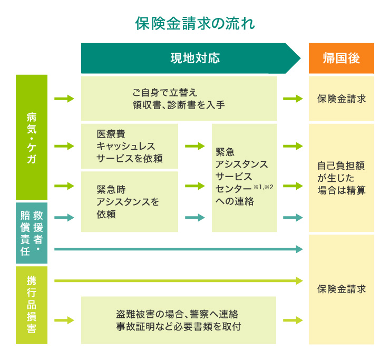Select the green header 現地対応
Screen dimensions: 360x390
[x=194, y=58]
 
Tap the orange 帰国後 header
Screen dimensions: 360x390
[x=341, y=58]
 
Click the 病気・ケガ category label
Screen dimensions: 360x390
[x=32, y=137]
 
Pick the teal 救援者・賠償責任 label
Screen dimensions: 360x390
[x=32, y=232]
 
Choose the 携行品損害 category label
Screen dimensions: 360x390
[x=32, y=305]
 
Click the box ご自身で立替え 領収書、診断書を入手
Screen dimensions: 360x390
[x=179, y=99]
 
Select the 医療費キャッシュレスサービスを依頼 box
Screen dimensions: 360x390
[x=130, y=146]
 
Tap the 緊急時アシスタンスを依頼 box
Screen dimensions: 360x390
[x=130, y=201]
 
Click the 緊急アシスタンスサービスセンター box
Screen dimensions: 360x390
[x=244, y=178]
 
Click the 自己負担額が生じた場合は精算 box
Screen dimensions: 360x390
[x=341, y=178]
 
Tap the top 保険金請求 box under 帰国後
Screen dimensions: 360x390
[x=341, y=99]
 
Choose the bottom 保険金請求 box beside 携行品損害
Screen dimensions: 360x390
[x=341, y=289]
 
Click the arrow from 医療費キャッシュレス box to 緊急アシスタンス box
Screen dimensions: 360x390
[x=194, y=146]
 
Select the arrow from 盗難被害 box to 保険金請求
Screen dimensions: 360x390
[x=292, y=320]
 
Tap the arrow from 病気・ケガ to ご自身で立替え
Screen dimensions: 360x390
[x=64, y=99]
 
